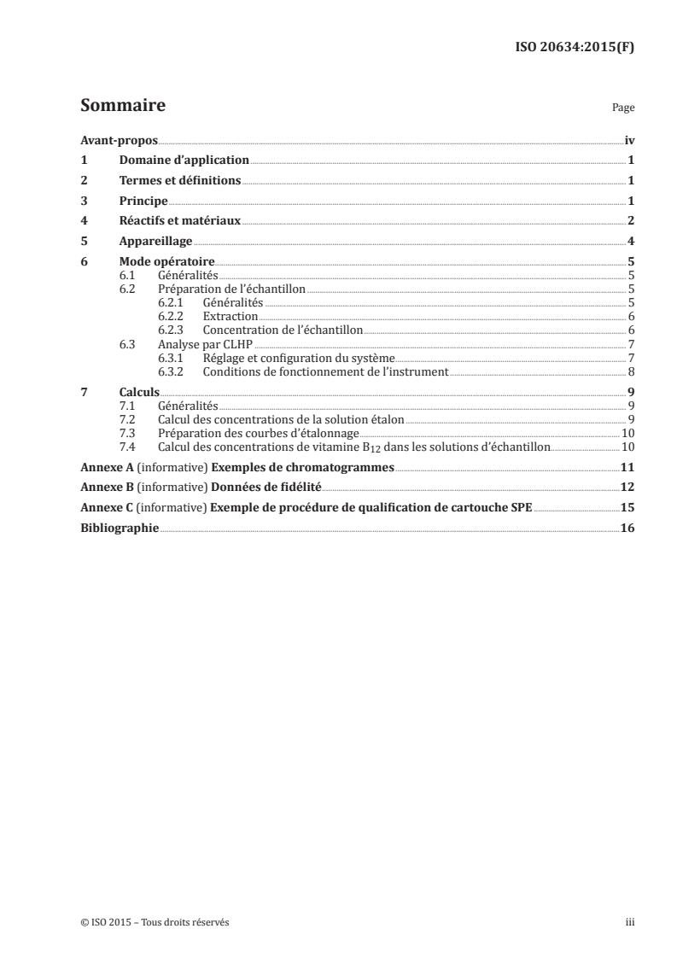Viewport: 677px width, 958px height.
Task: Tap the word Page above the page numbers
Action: (x=623, y=108)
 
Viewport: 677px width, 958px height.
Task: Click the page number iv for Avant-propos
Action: (x=628, y=140)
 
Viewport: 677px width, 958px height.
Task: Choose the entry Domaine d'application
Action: (x=184, y=160)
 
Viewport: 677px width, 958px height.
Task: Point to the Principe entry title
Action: (x=143, y=201)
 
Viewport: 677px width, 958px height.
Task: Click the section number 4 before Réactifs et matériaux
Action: (x=83, y=221)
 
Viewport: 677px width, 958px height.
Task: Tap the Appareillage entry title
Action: (x=155, y=242)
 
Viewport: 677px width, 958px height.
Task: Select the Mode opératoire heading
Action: (x=166, y=262)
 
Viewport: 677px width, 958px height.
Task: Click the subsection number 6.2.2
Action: (x=174, y=316)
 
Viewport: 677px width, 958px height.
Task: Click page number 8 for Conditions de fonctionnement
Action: (x=630, y=371)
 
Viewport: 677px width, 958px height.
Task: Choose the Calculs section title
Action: (x=139, y=392)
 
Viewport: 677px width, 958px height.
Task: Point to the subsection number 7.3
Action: (x=128, y=433)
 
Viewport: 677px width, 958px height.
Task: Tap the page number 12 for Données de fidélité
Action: (x=627, y=488)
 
